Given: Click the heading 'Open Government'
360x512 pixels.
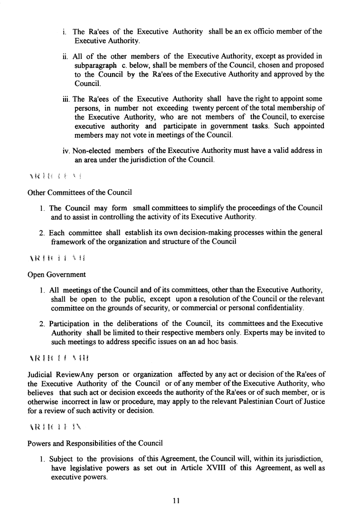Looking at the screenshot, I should pos(57,275).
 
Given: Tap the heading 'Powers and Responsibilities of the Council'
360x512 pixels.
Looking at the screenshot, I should pos(95,444).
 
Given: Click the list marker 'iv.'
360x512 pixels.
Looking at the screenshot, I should pos(67,151).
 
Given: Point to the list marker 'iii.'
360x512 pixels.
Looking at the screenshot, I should pos(67,99).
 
